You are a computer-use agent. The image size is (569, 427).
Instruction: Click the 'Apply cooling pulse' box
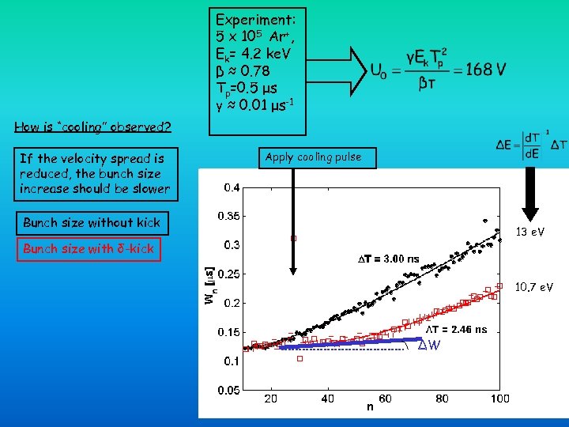tap(313, 157)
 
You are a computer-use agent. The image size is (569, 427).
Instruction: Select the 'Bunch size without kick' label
tap(92, 223)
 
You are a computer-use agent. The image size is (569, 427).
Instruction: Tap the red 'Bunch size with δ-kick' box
tap(89, 249)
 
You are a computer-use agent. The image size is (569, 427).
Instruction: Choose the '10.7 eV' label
tap(534, 286)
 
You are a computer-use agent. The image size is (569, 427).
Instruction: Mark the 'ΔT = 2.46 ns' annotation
tap(457, 329)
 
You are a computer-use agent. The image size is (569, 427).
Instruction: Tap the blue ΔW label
tap(429, 346)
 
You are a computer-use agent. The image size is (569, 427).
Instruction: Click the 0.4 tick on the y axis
tap(232, 187)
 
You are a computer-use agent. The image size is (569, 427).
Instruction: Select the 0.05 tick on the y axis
tap(229, 390)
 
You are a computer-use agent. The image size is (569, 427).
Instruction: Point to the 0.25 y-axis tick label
tap(229, 274)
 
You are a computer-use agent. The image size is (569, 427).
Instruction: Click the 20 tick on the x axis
tap(270, 399)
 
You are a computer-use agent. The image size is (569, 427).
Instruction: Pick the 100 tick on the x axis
tap(499, 399)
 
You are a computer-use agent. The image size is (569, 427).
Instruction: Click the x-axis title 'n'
tap(369, 407)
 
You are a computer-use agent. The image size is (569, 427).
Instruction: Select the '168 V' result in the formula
tap(485, 70)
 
